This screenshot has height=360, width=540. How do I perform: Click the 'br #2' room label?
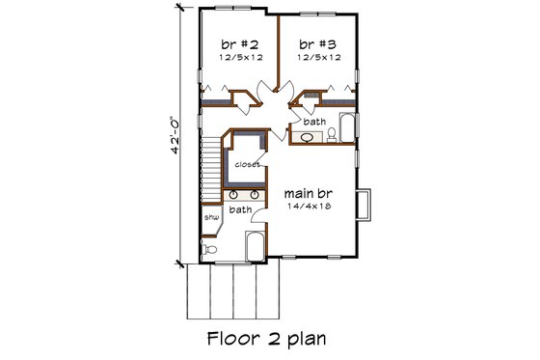[x=238, y=43]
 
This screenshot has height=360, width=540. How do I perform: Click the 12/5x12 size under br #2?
[x=238, y=58]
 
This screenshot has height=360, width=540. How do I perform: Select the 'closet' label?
[x=247, y=164]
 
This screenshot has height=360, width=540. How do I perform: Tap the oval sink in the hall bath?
[x=307, y=138]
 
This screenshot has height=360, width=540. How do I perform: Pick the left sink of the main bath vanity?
[x=234, y=194]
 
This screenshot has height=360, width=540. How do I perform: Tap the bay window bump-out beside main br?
[x=364, y=204]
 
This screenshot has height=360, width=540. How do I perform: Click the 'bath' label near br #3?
[x=313, y=122]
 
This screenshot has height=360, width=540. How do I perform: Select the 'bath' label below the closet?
[x=240, y=208]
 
